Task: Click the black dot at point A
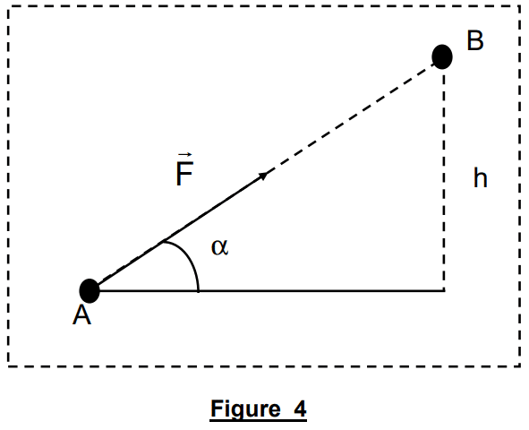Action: click(90, 291)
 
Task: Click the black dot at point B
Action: click(442, 56)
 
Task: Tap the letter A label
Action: click(82, 315)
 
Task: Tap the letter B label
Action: click(475, 40)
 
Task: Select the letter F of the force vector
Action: click(184, 174)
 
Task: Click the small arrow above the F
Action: click(185, 155)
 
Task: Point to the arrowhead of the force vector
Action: click(263, 176)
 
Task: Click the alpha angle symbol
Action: click(219, 247)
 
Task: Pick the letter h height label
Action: click(481, 178)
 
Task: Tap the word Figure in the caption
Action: click(245, 408)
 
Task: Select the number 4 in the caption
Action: click(300, 408)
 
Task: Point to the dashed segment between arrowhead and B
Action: click(351, 117)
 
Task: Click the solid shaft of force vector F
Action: click(182, 229)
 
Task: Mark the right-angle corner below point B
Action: click(444, 290)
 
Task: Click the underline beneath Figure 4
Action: click(258, 420)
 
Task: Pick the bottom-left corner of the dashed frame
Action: click(9, 365)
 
